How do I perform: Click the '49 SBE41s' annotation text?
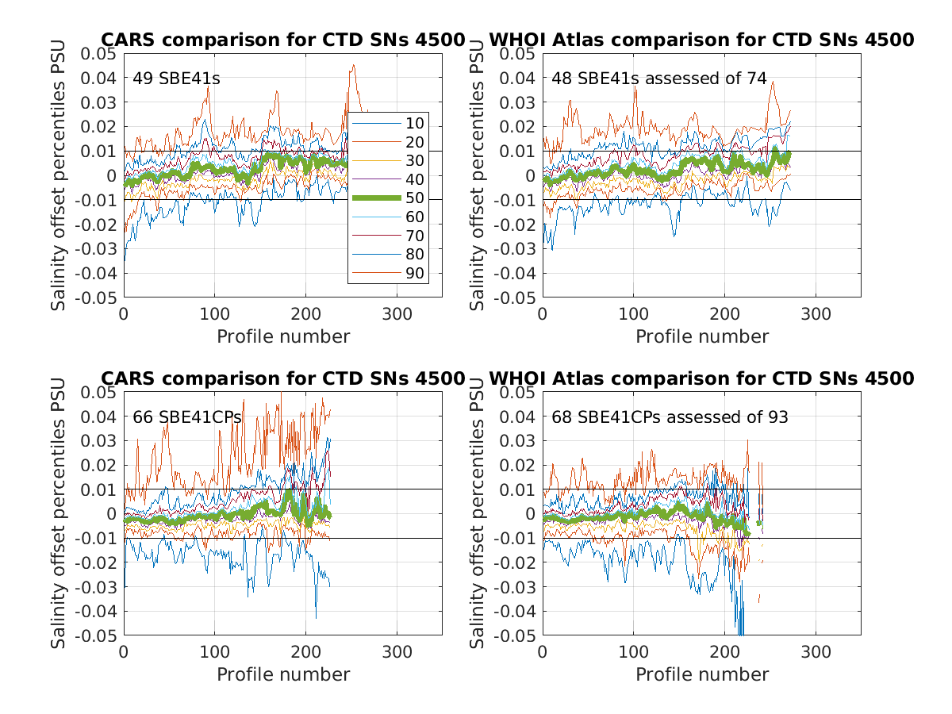(x=176, y=79)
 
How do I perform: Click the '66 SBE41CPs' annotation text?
(x=187, y=417)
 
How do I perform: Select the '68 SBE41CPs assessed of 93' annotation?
(x=670, y=417)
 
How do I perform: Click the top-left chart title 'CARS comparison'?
(x=282, y=40)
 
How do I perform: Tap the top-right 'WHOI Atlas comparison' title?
(x=701, y=40)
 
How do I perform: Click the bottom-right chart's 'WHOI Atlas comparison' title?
(x=701, y=378)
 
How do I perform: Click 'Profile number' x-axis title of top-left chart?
(x=283, y=336)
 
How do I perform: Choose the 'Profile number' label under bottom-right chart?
(x=702, y=674)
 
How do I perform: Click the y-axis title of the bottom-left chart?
(x=59, y=513)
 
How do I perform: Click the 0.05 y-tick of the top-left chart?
(x=98, y=53)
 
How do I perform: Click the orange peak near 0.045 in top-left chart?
(x=353, y=66)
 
